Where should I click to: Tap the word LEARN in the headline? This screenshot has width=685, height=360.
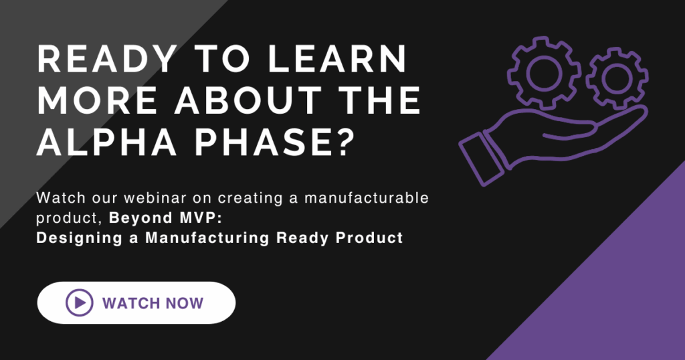click(337, 59)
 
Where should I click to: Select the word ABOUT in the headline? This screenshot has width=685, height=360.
click(248, 100)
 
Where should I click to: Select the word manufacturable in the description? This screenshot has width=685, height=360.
click(367, 198)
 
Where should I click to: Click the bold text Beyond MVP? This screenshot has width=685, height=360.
click(166, 217)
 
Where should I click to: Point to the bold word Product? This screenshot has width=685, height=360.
click(369, 238)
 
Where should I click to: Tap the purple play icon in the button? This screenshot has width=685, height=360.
click(80, 302)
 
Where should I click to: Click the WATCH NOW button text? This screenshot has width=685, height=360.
click(153, 303)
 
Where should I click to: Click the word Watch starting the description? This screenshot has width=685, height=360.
click(61, 198)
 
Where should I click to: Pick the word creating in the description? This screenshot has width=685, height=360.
click(250, 198)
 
